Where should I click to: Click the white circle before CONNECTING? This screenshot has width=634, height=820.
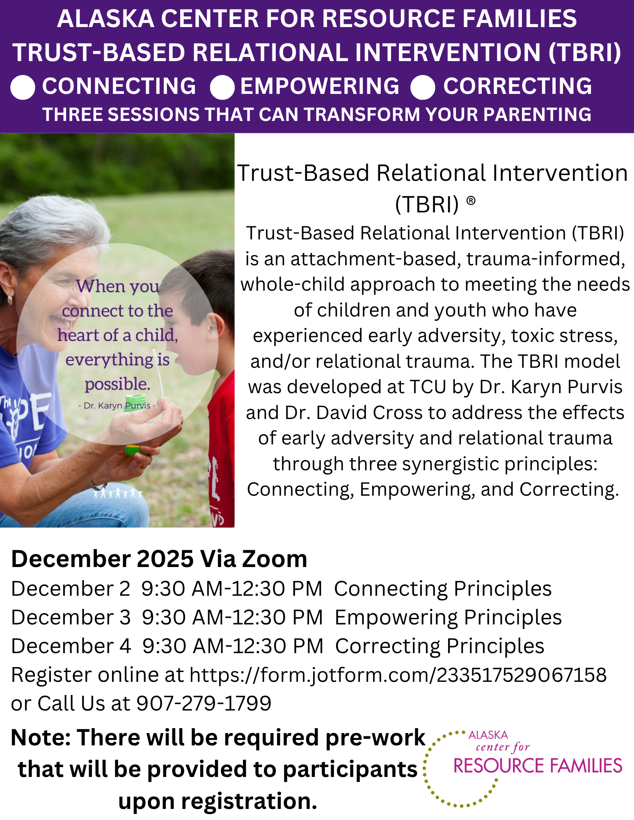click(x=23, y=88)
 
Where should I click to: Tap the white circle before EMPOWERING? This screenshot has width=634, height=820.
click(x=222, y=88)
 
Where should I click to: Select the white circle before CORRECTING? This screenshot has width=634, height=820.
click(x=423, y=88)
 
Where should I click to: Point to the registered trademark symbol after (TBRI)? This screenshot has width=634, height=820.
click(x=471, y=200)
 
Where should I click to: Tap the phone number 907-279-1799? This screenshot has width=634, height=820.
click(x=204, y=704)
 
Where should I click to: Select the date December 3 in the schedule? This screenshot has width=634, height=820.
click(x=71, y=617)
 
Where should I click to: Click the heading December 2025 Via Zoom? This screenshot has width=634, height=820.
click(x=159, y=559)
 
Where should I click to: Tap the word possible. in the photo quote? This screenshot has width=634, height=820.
click(x=117, y=385)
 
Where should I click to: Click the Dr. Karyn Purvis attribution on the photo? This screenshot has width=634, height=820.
click(x=117, y=405)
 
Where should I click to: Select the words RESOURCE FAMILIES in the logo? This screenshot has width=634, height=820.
click(x=538, y=765)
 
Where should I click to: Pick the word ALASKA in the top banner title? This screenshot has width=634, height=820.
click(x=105, y=19)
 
